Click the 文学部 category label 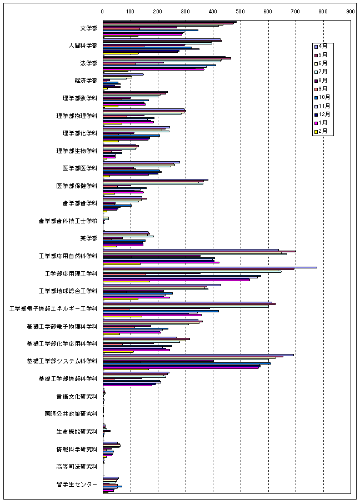coord(88,28)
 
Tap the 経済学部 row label coord(86,81)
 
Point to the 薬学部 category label coord(88,238)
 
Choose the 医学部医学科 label coord(81,168)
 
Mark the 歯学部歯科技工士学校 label coord(68,221)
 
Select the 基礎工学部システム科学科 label coord(62,361)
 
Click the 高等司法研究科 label coord(77,467)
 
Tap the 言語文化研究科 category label coord(77,397)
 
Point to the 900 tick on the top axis coord(351,11)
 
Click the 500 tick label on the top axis coord(241,11)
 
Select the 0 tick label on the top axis coord(103,11)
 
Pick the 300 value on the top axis coord(186,11)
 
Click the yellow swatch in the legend coord(316,132)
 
